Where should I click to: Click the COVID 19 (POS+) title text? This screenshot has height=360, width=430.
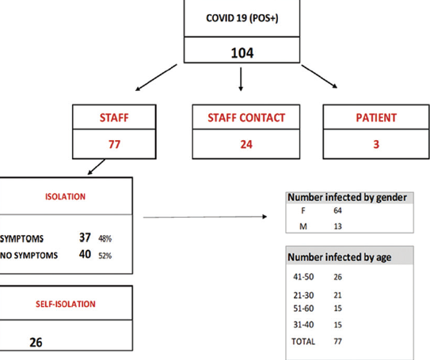click(x=242, y=18)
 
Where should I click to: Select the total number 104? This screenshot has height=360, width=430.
click(x=242, y=53)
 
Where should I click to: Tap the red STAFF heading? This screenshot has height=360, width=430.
click(x=114, y=118)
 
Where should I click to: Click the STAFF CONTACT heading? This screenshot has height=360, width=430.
click(x=246, y=118)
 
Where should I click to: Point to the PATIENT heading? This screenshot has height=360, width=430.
click(x=376, y=118)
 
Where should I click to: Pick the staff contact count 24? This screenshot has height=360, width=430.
click(x=246, y=144)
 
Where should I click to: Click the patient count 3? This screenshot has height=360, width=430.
click(x=376, y=144)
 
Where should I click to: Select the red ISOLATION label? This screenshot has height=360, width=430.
click(x=65, y=197)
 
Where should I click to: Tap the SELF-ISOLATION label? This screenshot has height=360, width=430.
click(x=66, y=304)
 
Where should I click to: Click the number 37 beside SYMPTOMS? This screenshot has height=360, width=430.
click(x=85, y=237)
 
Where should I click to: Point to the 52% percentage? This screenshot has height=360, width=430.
click(x=105, y=256)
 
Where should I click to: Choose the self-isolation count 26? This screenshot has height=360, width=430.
click(x=36, y=343)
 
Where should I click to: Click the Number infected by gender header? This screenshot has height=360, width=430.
click(x=347, y=198)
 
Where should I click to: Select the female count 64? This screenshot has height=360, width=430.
click(x=337, y=210)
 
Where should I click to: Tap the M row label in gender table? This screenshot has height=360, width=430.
click(x=303, y=226)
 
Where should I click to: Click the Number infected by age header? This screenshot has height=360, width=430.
click(x=340, y=257)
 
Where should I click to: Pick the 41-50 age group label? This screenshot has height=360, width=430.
click(x=303, y=277)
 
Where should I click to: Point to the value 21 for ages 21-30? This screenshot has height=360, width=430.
click(x=337, y=295)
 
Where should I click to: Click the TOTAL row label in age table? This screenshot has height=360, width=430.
click(x=303, y=341)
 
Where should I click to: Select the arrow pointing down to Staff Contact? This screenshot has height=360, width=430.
click(x=241, y=79)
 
